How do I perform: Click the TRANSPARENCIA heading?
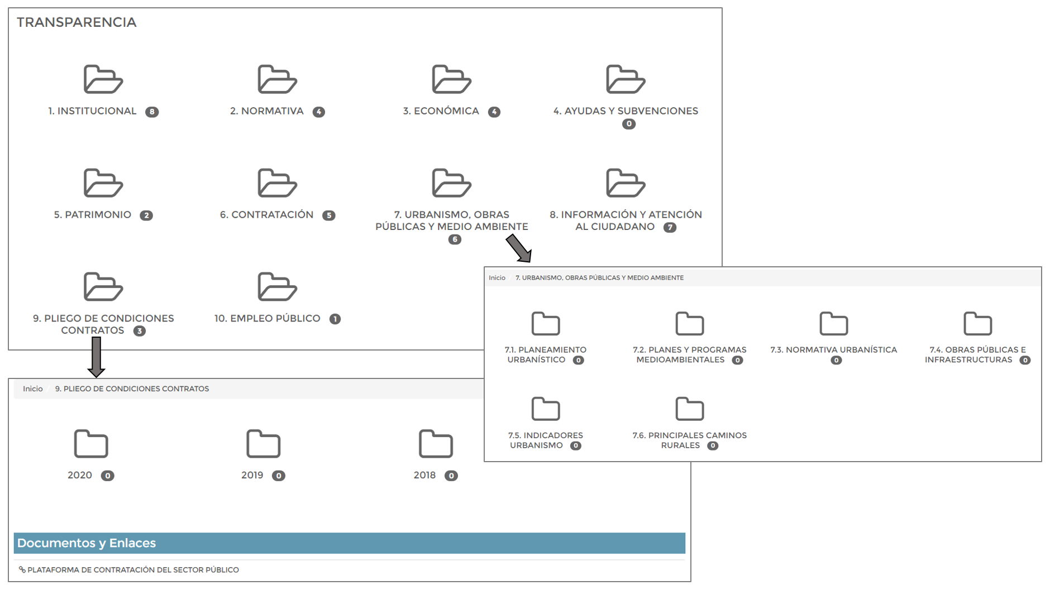point(77,22)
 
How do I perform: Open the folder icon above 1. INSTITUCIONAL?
point(103,79)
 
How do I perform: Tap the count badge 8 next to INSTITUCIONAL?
point(152,112)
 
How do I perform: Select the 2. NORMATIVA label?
point(266,111)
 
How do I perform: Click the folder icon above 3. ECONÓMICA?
point(451,79)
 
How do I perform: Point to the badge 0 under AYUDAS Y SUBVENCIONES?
point(628,124)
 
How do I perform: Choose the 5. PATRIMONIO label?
point(92,215)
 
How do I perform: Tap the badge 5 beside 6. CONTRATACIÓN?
point(328,215)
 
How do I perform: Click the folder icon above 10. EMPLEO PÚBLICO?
point(277,287)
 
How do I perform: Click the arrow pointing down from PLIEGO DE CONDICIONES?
point(96,357)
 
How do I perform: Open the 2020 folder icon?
point(90,444)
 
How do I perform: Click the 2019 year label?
point(252,475)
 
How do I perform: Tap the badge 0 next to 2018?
point(451,476)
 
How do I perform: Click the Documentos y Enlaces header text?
point(87,543)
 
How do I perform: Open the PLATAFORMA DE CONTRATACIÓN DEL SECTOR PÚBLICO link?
point(133,570)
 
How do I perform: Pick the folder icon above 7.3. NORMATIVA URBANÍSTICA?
point(833,324)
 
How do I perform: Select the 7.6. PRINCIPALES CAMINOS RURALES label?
point(689,440)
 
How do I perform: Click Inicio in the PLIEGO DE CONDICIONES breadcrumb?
point(32,389)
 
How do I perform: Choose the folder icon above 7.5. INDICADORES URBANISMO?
point(545,409)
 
